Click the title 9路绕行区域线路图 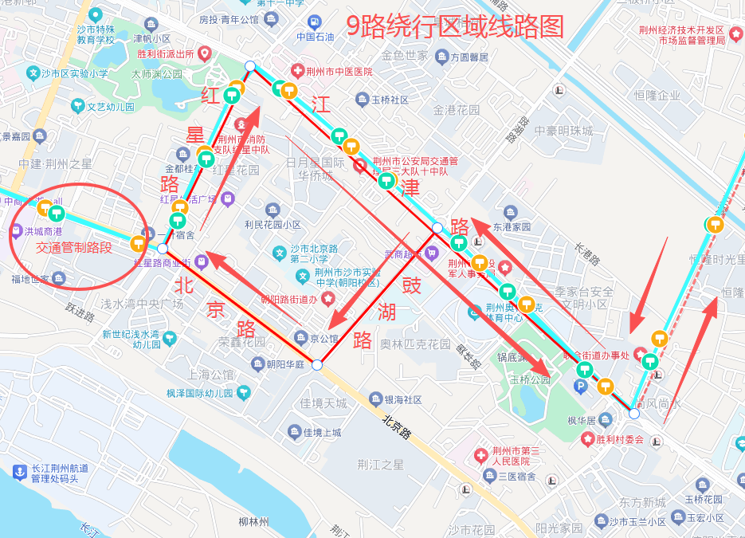coord(455,27)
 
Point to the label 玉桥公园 coord(530,379)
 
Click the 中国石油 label coord(315,36)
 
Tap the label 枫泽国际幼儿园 coord(199,393)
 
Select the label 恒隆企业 coord(657,96)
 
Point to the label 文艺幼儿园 coord(111,106)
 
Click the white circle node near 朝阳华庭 coord(316,365)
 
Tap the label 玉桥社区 coord(390,100)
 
